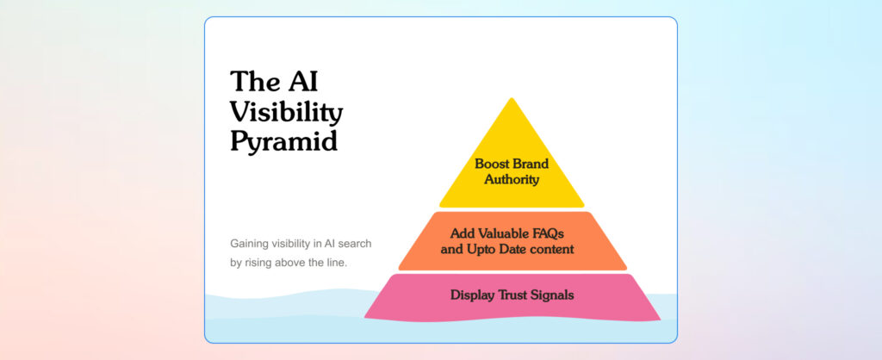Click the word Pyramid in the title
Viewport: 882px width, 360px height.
click(284, 142)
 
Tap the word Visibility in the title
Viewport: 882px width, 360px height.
click(286, 112)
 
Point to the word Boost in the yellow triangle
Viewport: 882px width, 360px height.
click(491, 164)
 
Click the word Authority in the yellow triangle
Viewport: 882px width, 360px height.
click(512, 180)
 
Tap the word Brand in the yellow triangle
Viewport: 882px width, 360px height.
click(530, 164)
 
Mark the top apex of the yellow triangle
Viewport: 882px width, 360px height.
click(512, 98)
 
